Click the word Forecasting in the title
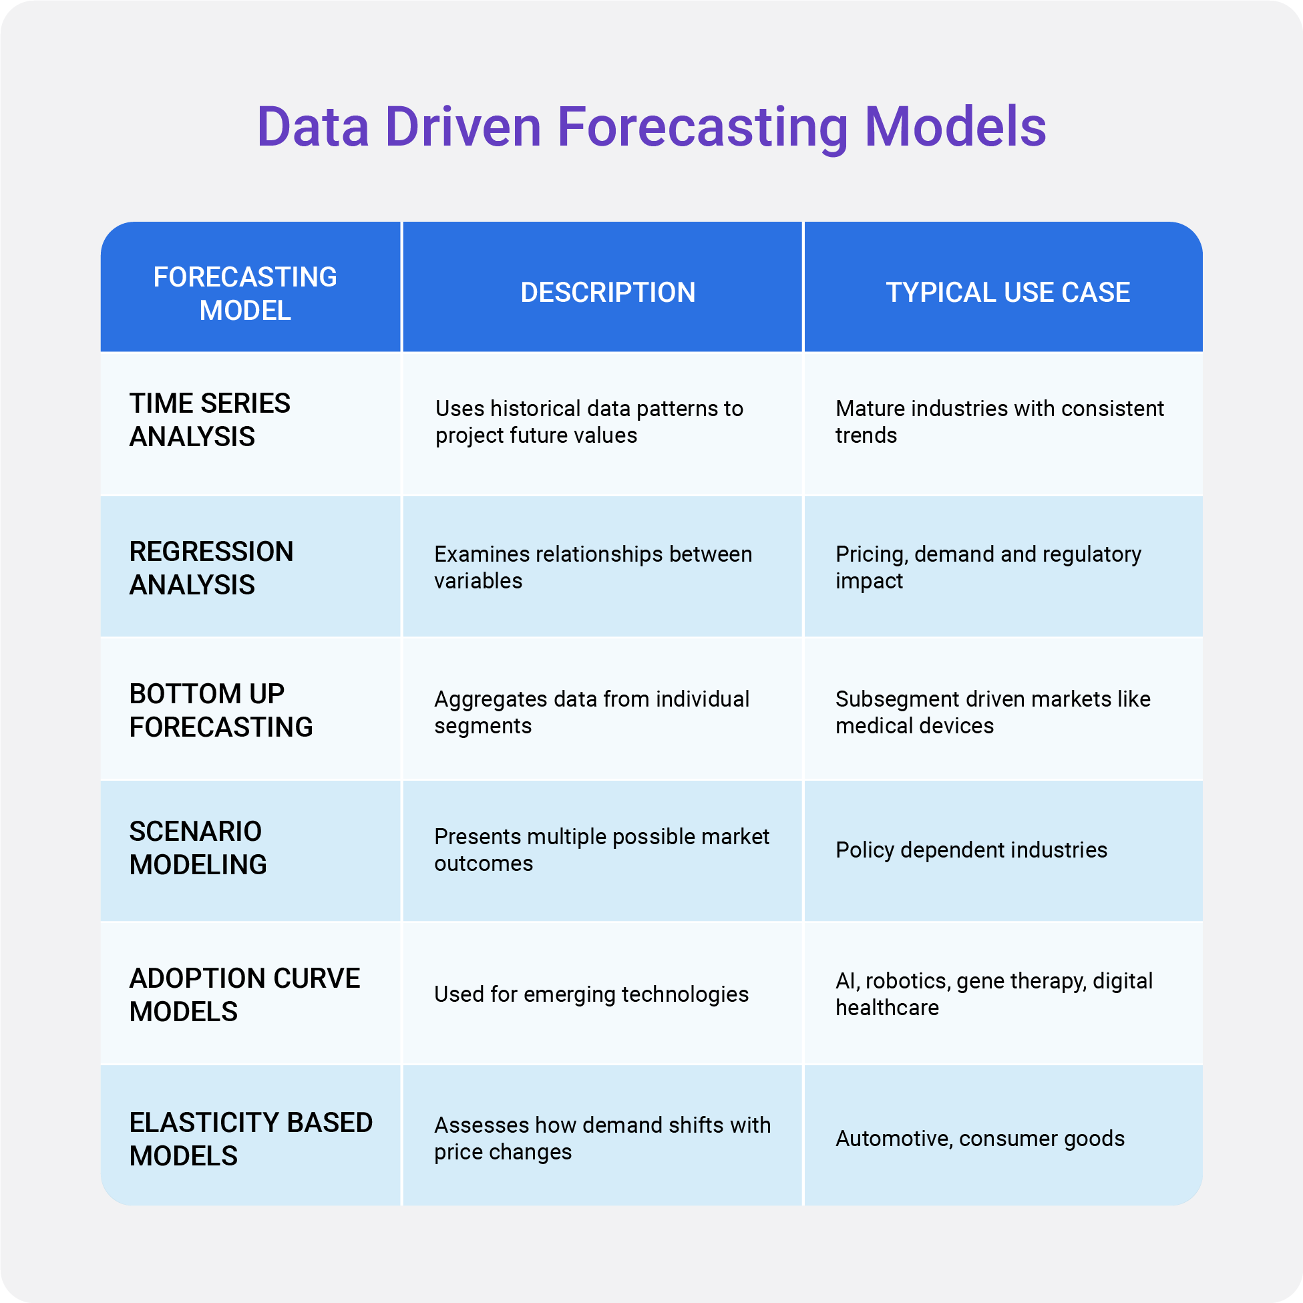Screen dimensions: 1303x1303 (702, 128)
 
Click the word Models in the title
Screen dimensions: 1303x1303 (955, 128)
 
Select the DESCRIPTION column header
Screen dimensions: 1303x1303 (608, 293)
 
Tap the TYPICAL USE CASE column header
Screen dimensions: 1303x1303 (1008, 293)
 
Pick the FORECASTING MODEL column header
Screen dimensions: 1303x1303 (245, 293)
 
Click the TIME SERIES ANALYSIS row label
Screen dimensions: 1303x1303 (210, 419)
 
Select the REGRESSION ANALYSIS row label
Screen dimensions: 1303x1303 (211, 568)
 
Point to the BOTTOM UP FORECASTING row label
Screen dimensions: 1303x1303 (220, 710)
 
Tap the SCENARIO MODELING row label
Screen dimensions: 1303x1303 (198, 848)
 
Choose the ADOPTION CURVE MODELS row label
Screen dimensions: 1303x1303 (244, 995)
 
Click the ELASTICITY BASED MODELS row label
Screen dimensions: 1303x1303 (250, 1139)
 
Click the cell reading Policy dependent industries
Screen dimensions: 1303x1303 (971, 850)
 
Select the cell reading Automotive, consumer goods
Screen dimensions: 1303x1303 (980, 1139)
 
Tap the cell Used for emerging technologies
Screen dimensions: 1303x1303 (591, 994)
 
